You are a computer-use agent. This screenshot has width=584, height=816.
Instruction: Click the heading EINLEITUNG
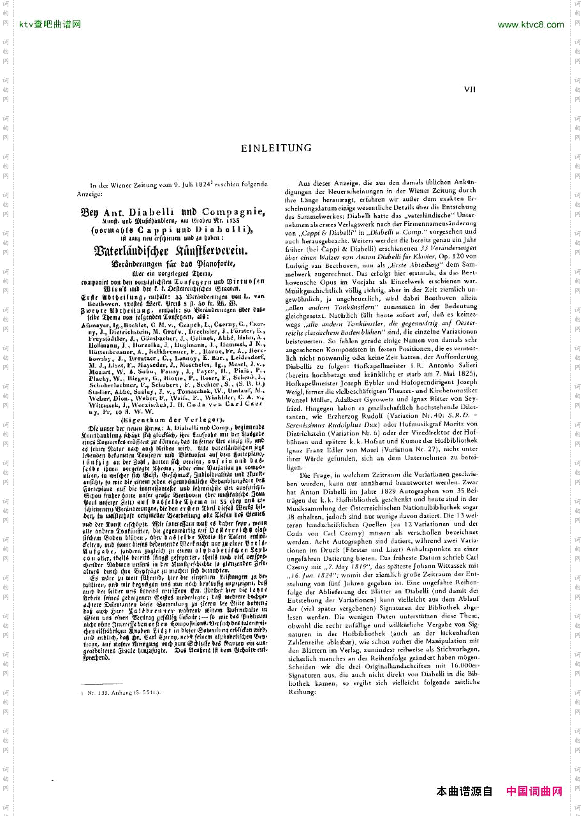tap(276, 148)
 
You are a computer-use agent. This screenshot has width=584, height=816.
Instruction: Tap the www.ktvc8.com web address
tap(530, 25)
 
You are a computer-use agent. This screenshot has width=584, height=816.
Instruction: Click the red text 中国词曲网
tap(534, 792)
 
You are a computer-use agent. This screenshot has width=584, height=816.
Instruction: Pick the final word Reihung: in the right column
tap(303, 692)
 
